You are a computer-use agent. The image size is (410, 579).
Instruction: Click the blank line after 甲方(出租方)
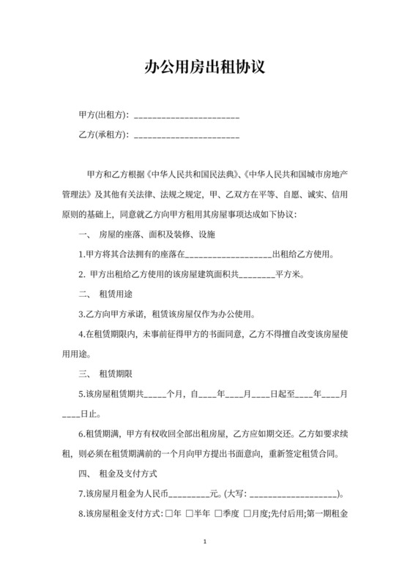click(x=187, y=116)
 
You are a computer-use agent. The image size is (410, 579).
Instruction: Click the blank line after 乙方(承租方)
click(x=187, y=136)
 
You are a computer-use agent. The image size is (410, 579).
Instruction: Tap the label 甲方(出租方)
click(x=103, y=115)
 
